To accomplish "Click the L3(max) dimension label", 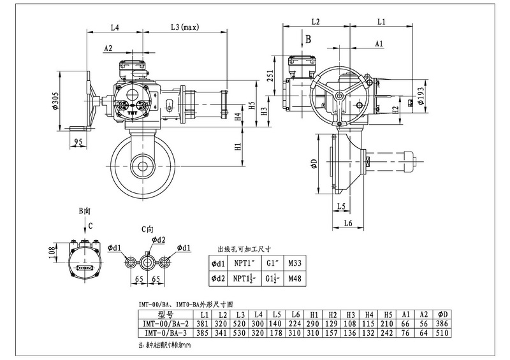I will (x=186, y=27).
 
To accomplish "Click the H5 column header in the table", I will (x=387, y=315).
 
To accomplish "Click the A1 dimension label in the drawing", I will (x=379, y=43).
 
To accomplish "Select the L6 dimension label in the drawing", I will (x=348, y=222).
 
